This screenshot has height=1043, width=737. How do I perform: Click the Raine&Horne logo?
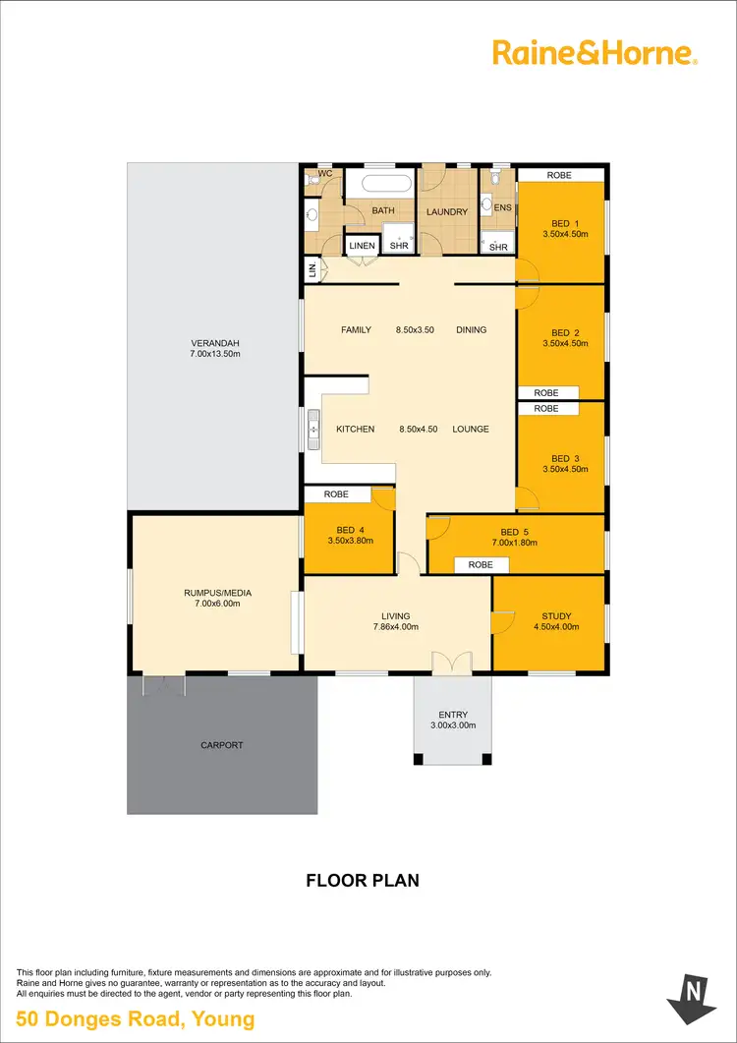(595, 53)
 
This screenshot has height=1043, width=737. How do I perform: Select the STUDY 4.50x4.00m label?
(551, 622)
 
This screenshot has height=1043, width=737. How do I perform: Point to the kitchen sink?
(313, 429)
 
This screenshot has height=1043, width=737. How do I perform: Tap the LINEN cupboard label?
(362, 247)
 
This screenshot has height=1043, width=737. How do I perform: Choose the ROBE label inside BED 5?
(481, 565)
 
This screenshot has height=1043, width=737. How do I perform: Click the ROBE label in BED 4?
(336, 494)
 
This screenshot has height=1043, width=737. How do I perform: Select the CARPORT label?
(222, 745)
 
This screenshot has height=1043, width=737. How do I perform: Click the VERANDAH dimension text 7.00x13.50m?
(215, 354)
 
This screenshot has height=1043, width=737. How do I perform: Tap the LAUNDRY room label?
(446, 211)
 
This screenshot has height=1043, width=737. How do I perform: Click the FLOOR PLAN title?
(363, 880)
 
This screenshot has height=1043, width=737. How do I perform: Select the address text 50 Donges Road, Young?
(136, 1019)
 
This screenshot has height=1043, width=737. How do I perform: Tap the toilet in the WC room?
(312, 179)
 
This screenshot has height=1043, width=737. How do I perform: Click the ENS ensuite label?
(503, 207)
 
